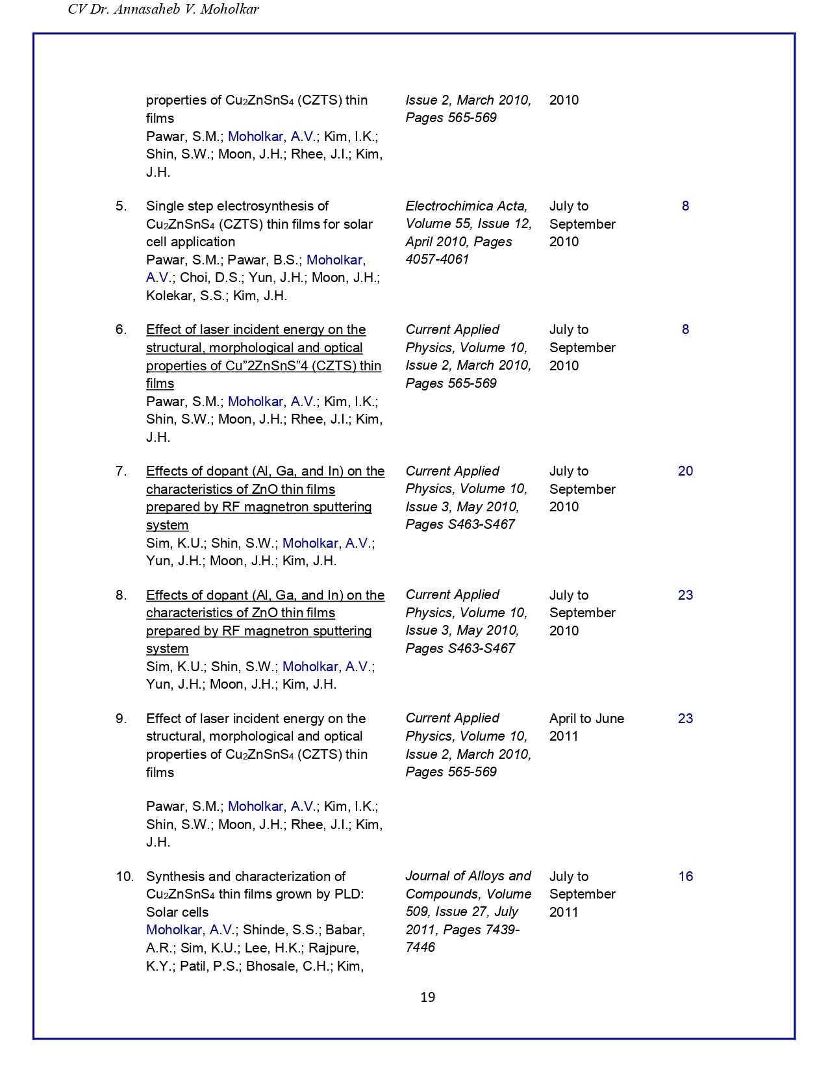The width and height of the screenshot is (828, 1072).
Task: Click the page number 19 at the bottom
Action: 427,997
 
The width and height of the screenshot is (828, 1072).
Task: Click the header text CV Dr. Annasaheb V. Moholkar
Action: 164,10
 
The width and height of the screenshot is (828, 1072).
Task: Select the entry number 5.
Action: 121,206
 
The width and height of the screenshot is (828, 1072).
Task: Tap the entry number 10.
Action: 124,876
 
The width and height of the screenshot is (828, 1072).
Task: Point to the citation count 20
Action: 685,471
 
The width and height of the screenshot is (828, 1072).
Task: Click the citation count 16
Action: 686,876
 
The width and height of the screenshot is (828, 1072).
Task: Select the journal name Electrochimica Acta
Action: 466,206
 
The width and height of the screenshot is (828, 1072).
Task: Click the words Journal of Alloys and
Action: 468,876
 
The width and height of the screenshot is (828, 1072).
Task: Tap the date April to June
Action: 586,719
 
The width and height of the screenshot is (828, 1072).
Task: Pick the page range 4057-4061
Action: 437,259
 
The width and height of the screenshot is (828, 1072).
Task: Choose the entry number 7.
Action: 121,471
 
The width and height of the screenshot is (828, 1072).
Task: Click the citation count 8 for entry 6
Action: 685,329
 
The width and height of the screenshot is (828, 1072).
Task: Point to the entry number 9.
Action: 121,719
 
